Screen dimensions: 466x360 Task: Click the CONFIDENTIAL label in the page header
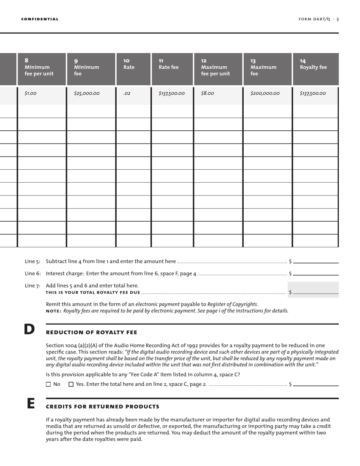click(x=40, y=19)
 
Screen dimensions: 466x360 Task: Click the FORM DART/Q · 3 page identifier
click(x=319, y=19)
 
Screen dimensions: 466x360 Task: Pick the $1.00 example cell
click(x=31, y=93)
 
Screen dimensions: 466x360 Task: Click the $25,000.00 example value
click(x=87, y=93)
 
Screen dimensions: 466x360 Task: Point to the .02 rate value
click(x=127, y=93)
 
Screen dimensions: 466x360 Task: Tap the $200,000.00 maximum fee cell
click(x=265, y=93)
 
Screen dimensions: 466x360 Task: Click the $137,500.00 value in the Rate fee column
click(x=172, y=93)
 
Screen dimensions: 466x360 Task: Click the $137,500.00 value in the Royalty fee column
click(x=313, y=93)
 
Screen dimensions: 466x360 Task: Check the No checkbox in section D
click(x=48, y=384)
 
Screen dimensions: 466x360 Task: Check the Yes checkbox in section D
click(x=71, y=384)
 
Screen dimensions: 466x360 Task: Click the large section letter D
click(x=29, y=329)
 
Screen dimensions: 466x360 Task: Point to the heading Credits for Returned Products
click(x=102, y=407)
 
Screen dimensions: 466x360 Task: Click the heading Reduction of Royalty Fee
click(x=91, y=332)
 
